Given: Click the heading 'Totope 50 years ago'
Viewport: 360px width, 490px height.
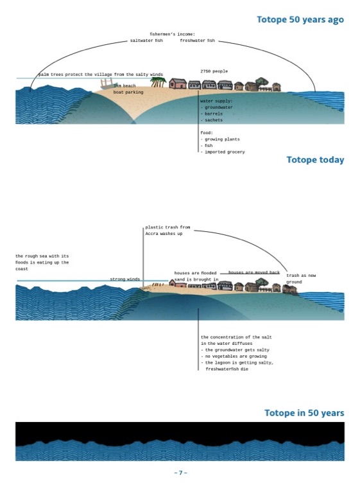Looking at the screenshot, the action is pos(300,20).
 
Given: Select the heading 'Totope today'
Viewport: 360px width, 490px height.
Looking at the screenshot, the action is pos(315,160).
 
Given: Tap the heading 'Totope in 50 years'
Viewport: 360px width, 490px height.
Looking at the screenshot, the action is pos(304,413).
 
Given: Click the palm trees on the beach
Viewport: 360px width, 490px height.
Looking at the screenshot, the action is pos(158,82).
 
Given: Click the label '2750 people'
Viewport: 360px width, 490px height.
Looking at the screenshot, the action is pos(214,71).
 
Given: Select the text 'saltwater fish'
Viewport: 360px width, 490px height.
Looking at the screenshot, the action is pos(146,40).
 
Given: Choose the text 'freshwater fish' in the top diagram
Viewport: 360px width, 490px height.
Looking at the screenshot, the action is pos(198,40).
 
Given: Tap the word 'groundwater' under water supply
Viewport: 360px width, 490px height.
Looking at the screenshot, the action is pos(219,107).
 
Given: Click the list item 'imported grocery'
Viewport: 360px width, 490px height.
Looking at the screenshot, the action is pos(225,152).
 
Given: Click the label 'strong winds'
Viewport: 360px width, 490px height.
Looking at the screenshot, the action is pos(125,279).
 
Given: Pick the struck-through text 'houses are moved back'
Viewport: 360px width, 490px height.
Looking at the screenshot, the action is pos(254,272).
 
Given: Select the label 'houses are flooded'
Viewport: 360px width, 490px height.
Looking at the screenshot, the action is pos(195,273).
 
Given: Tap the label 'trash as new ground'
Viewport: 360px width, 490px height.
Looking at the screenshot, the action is pos(301,279).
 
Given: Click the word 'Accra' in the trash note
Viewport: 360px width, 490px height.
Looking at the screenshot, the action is pos(151,234).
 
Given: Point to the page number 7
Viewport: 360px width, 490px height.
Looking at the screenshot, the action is pos(180,473).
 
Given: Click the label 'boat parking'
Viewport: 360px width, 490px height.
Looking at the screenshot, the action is pos(128,92).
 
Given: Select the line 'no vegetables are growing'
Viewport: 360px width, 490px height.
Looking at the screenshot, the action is pos(236,356).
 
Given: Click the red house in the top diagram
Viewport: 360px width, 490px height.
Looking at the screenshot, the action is pos(178,83).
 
